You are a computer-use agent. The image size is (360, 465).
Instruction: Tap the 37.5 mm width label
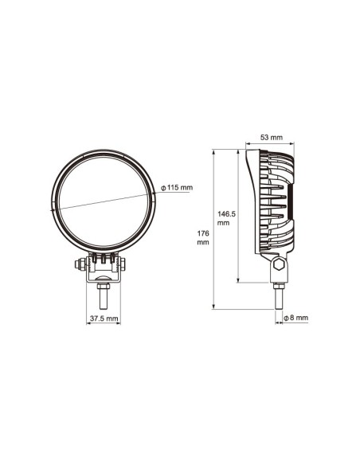tap(103, 318)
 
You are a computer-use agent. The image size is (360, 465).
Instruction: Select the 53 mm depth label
tap(272, 138)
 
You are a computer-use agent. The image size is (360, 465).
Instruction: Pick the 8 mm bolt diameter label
tap(295, 318)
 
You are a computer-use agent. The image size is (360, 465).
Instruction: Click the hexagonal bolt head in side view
tap(279, 265)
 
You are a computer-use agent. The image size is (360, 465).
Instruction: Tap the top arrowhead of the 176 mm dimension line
tap(215, 151)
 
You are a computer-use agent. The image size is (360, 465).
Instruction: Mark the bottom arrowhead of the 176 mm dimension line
tap(215, 307)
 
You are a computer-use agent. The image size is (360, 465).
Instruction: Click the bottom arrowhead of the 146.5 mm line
tap(240, 280)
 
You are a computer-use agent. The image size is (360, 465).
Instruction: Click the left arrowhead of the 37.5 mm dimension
tap(88, 311)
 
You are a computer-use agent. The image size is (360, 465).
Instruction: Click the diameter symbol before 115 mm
tap(162, 188)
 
